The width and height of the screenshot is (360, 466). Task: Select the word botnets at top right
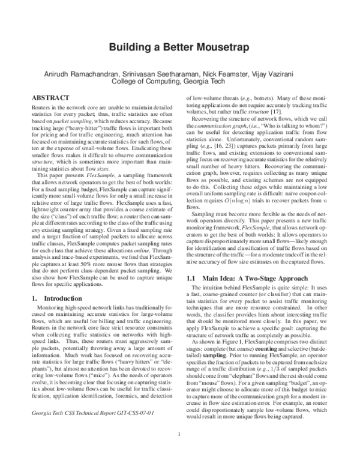254,96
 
